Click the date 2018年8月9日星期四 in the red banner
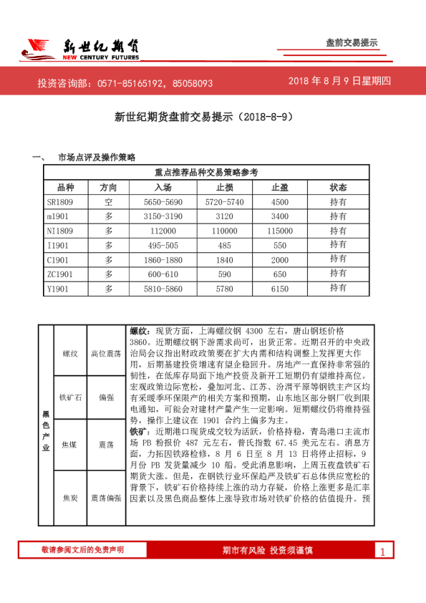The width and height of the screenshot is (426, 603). [x=339, y=82]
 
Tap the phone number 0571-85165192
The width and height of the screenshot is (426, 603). [x=140, y=83]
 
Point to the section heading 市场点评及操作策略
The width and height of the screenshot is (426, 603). [x=97, y=157]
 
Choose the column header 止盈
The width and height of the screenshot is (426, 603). [x=280, y=187]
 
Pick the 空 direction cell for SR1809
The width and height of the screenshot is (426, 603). [x=109, y=202]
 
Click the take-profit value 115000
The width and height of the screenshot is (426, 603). [x=280, y=231]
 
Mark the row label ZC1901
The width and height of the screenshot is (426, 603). [x=60, y=274]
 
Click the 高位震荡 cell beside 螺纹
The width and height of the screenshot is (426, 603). [x=106, y=353]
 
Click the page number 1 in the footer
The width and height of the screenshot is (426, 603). [x=382, y=551]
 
